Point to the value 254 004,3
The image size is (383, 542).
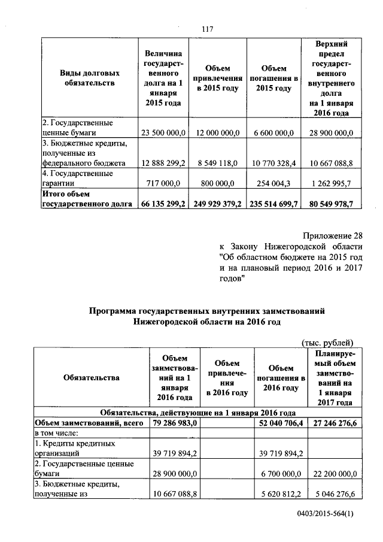(272, 184)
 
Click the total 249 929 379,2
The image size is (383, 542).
(217, 204)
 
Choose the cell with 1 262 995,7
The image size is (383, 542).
(331, 184)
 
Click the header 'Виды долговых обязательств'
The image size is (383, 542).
(89, 78)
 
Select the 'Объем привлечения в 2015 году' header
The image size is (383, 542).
(217, 78)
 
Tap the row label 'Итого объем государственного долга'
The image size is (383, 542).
(87, 199)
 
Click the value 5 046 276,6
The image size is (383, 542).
(331, 494)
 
